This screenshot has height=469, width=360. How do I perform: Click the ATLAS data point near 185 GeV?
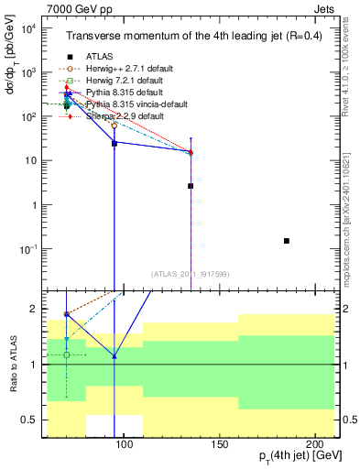[x=287, y=241]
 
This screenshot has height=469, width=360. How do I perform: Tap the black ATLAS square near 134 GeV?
[x=191, y=186]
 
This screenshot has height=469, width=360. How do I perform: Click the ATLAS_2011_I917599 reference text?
[x=190, y=272]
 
